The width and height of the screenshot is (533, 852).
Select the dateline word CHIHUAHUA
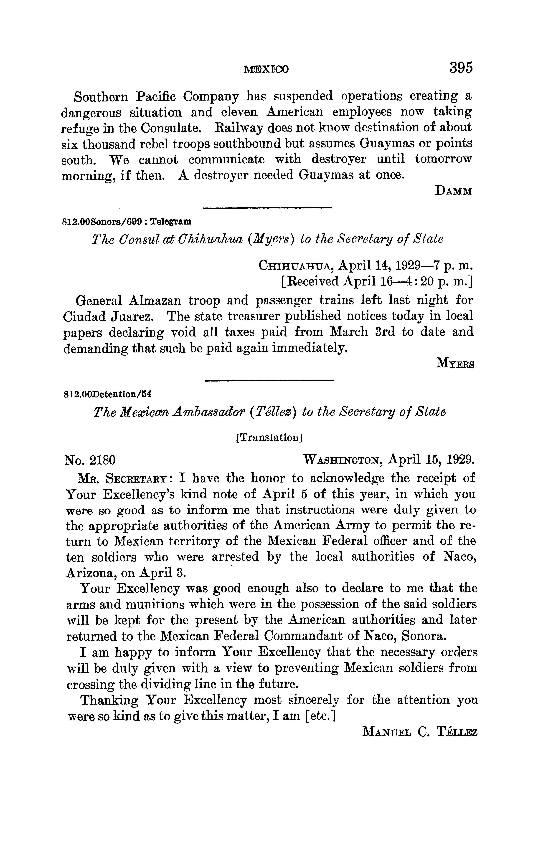tap(296, 265)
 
